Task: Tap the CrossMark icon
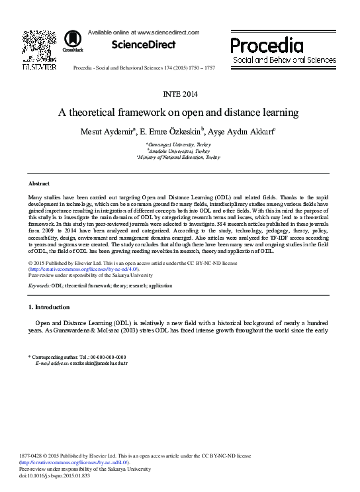click(68, 44)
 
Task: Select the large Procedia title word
click(267, 45)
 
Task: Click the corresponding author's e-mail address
click(94, 363)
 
